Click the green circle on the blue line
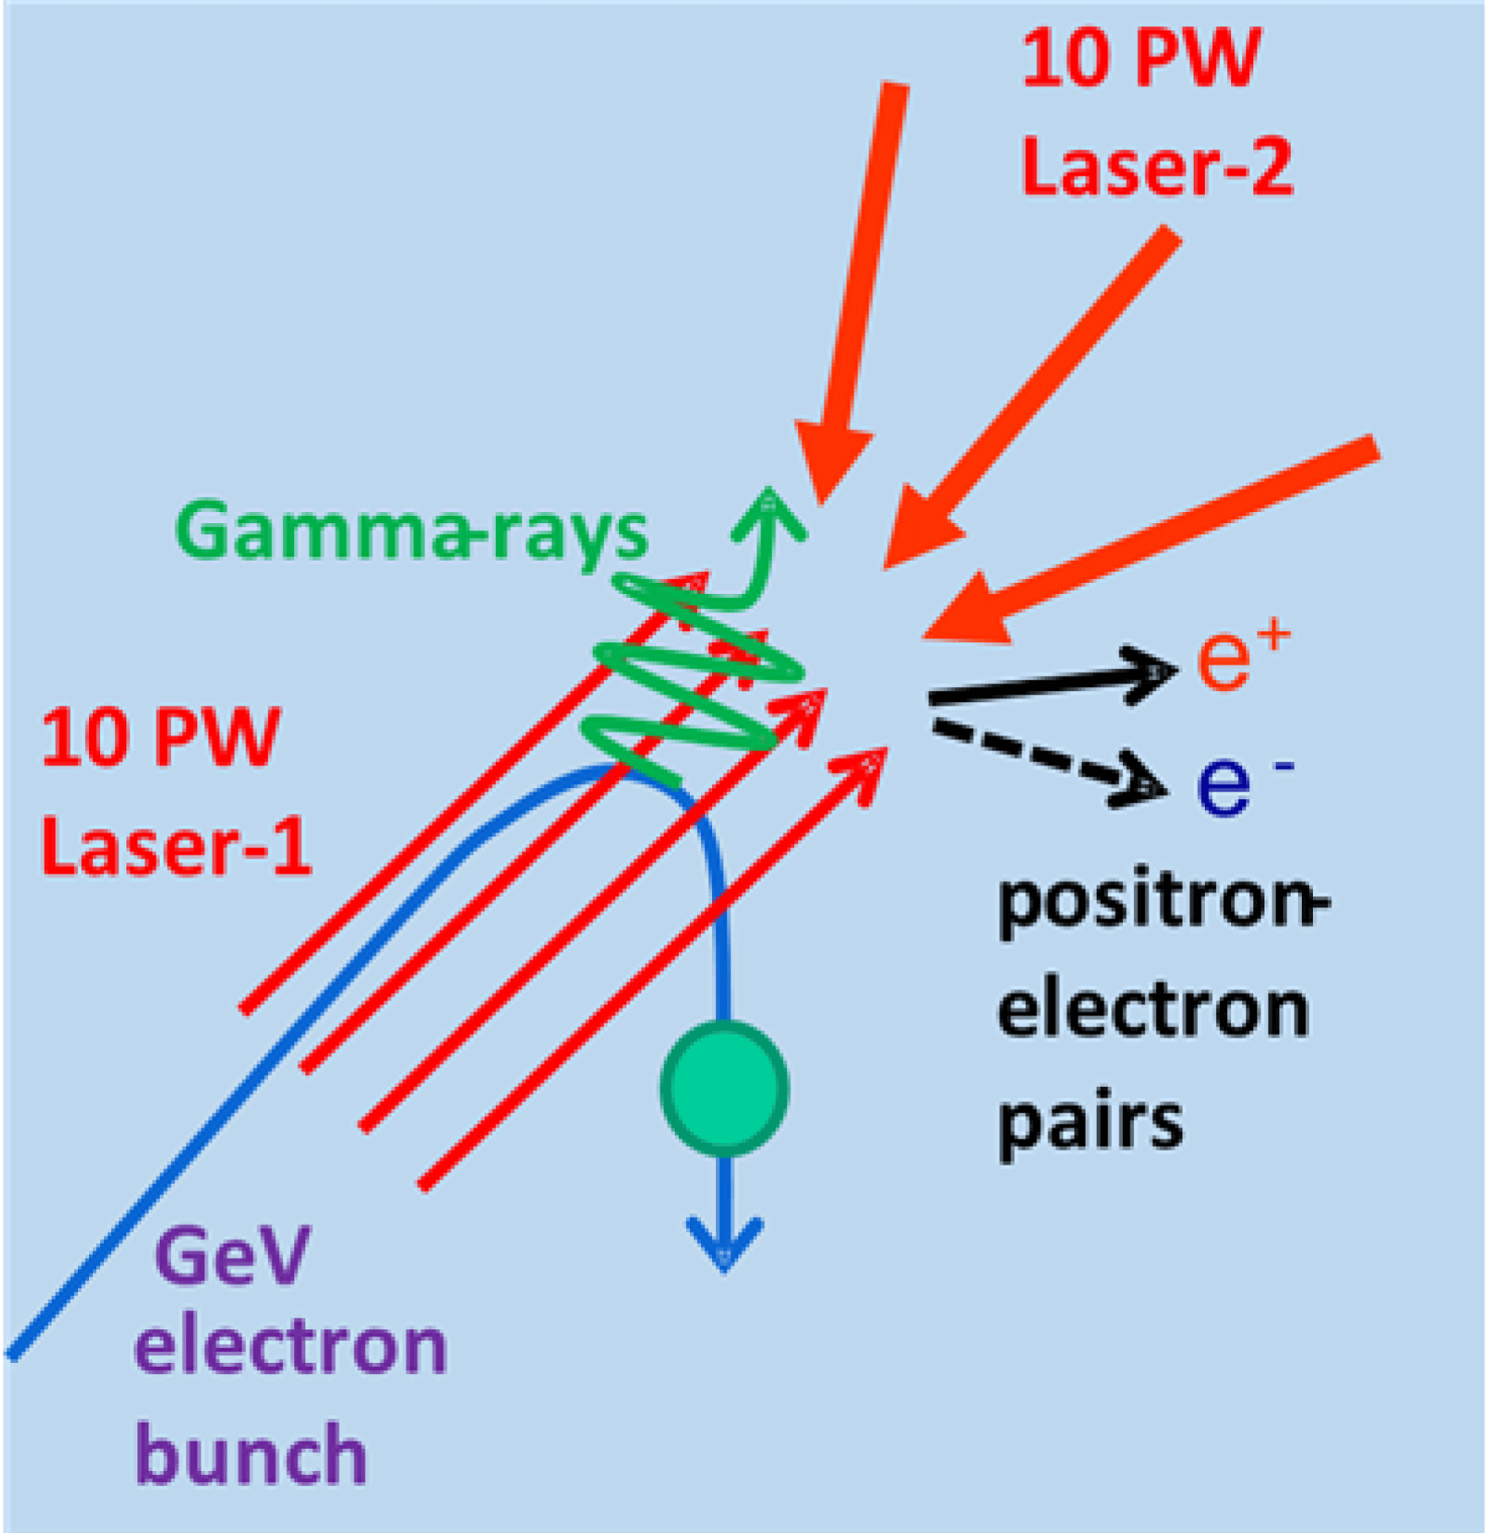point(724,1088)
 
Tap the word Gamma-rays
point(411,531)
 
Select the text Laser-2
point(1156,166)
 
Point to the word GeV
point(232,1256)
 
